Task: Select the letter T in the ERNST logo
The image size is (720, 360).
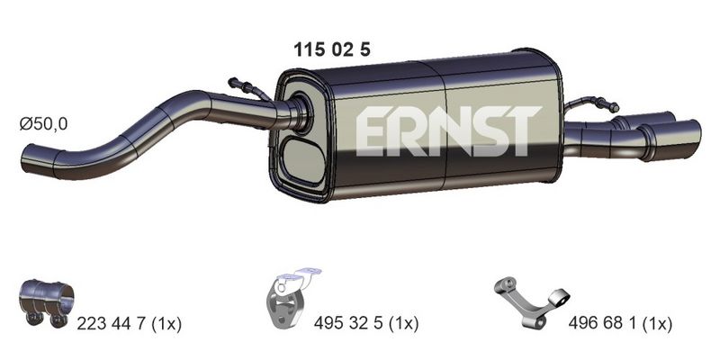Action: [523, 130]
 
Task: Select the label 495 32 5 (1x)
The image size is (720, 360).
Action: [368, 321]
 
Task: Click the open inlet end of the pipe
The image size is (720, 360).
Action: [25, 161]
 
